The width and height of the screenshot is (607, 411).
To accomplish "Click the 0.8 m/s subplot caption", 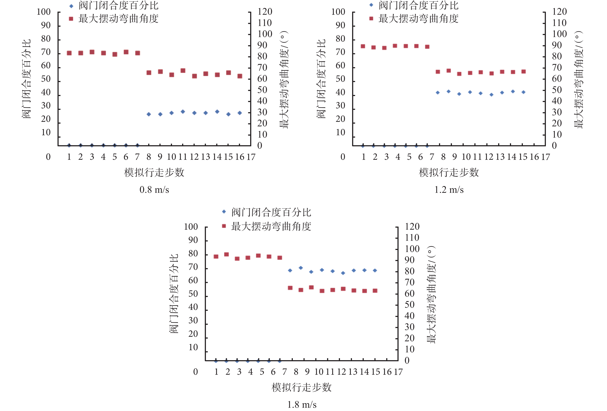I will pyautogui.click(x=154, y=190).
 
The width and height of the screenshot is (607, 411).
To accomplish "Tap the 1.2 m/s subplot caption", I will pyautogui.click(x=449, y=190).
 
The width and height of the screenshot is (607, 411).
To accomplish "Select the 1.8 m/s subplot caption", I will pyautogui.click(x=302, y=404).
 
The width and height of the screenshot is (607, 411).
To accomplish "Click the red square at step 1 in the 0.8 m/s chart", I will pyautogui.click(x=69, y=53).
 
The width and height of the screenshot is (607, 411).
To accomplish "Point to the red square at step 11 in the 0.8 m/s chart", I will pyautogui.click(x=183, y=71).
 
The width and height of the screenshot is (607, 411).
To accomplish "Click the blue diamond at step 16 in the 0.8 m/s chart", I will pyautogui.click(x=240, y=113).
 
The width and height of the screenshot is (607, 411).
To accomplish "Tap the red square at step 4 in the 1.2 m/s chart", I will pyautogui.click(x=395, y=46).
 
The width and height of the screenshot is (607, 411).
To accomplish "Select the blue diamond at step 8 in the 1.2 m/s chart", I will pyautogui.click(x=438, y=93).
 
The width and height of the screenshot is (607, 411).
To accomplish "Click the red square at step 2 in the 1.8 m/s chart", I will pyautogui.click(x=226, y=254).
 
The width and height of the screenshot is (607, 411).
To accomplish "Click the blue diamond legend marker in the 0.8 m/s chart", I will pyautogui.click(x=71, y=6).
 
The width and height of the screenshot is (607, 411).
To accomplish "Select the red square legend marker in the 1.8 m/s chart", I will pyautogui.click(x=224, y=226).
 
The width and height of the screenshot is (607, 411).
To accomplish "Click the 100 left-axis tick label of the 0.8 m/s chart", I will pyautogui.click(x=43, y=12).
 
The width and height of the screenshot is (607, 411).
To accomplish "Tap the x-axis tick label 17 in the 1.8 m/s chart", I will pyautogui.click(x=398, y=372).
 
